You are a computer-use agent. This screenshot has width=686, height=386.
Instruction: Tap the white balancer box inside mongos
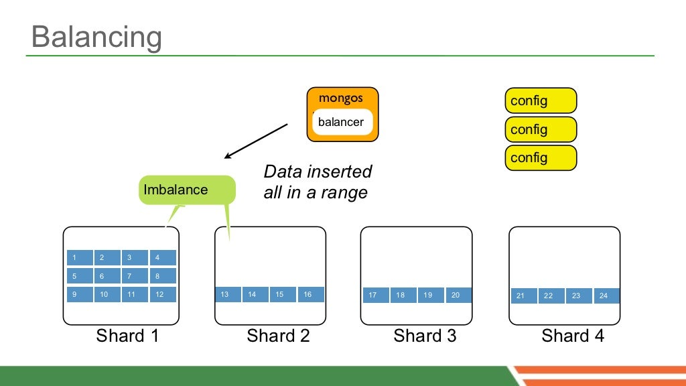342,122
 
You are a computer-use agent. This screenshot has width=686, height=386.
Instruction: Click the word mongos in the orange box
341,98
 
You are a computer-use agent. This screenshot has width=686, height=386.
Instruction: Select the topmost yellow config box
540,101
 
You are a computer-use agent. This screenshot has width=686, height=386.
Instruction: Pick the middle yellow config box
540,129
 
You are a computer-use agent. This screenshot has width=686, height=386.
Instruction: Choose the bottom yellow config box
540,157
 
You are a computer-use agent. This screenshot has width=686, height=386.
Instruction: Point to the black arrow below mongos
256,141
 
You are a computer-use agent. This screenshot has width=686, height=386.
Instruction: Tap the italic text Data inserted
318,172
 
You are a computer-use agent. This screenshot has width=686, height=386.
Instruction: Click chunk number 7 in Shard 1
135,275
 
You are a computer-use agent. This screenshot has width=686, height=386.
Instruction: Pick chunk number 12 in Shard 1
163,294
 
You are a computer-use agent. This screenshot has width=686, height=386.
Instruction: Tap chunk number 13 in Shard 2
228,294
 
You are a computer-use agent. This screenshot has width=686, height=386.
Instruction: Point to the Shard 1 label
127,336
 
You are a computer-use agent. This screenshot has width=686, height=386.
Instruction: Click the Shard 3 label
425,336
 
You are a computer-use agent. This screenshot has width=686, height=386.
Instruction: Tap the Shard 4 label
573,336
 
